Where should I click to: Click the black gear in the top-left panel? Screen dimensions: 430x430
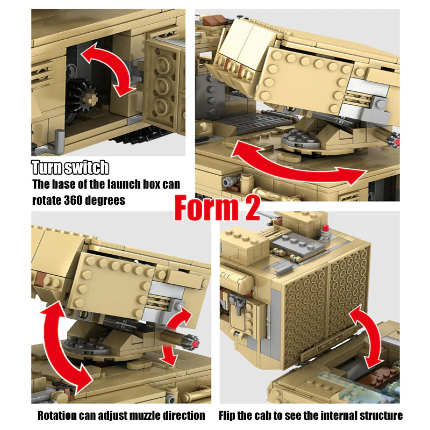coord(81,98)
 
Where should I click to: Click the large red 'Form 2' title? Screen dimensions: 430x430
coord(217,208)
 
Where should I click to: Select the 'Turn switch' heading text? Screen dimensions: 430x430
coord(70,167)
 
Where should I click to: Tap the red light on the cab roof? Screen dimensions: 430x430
coord(326,228)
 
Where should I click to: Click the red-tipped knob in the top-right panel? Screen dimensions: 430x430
coord(395,140)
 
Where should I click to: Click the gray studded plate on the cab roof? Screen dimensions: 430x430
coord(297,243)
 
